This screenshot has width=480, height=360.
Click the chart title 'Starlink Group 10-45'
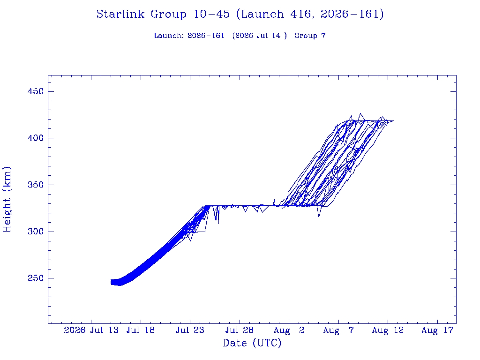pyautogui.click(x=163, y=14)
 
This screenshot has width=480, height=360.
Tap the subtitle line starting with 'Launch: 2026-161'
pyautogui.click(x=240, y=36)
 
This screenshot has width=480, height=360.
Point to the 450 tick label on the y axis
pyautogui.click(x=36, y=91)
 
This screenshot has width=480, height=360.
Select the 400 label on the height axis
pyautogui.click(x=36, y=138)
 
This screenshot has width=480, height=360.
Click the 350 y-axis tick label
pyautogui.click(x=36, y=185)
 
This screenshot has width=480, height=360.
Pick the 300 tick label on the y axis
pyautogui.click(x=36, y=232)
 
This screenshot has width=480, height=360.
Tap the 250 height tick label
pyautogui.click(x=36, y=278)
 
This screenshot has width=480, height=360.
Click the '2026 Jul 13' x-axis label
pyautogui.click(x=91, y=330)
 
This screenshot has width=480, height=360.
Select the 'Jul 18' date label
pyautogui.click(x=141, y=330)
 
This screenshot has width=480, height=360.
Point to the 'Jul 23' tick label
pyautogui.click(x=190, y=330)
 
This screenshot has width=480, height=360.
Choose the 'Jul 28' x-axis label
pyautogui.click(x=240, y=330)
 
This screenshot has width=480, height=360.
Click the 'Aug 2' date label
pyautogui.click(x=289, y=330)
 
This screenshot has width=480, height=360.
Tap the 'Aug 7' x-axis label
pyautogui.click(x=338, y=330)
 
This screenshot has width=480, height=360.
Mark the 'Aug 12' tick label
pyautogui.click(x=388, y=330)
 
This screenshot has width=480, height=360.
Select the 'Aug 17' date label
pyautogui.click(x=437, y=330)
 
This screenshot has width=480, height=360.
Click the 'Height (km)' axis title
pyautogui.click(x=7, y=200)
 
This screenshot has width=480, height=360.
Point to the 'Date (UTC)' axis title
pyautogui.click(x=252, y=343)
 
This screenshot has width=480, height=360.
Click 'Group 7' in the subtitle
pyautogui.click(x=310, y=36)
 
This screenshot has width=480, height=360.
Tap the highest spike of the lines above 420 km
pyautogui.click(x=360, y=113)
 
